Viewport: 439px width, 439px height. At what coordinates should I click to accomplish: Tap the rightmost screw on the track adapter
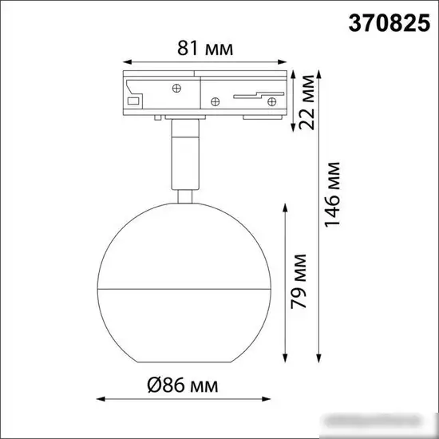tap(271, 101)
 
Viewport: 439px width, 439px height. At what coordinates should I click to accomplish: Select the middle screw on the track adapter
tap(214, 101)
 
